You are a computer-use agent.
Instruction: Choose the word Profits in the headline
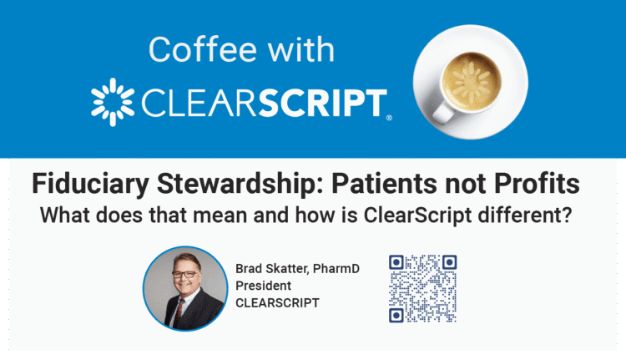[548, 182]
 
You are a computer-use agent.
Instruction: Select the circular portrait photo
[184, 288]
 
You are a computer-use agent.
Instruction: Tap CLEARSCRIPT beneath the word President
[276, 302]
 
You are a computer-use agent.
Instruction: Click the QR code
[423, 288]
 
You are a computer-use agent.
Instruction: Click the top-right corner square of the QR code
[448, 262]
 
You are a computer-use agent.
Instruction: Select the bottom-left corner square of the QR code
[397, 314]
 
